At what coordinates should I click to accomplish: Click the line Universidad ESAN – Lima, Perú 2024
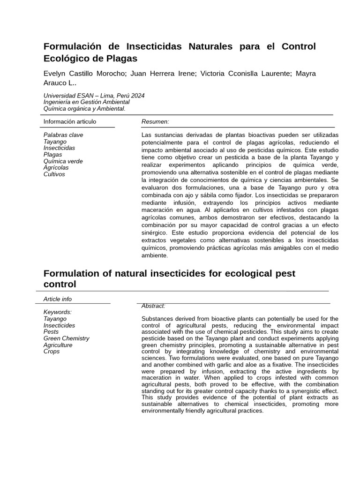tap(94, 96)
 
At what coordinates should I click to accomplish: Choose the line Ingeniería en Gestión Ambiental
tap(86, 102)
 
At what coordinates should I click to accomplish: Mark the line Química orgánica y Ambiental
tap(84, 109)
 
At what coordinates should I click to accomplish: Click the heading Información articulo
tap(70, 122)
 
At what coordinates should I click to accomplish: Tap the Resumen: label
tap(155, 122)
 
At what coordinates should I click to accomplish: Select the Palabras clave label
tap(63, 135)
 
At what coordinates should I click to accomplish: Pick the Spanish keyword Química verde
tap(63, 161)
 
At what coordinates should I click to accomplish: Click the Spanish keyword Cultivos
tap(54, 174)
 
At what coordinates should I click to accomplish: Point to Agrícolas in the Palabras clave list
tap(56, 168)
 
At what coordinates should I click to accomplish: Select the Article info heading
tap(58, 299)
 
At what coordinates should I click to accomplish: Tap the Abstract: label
tap(153, 306)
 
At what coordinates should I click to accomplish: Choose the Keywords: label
tap(58, 312)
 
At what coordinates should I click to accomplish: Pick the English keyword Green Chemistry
tap(66, 338)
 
